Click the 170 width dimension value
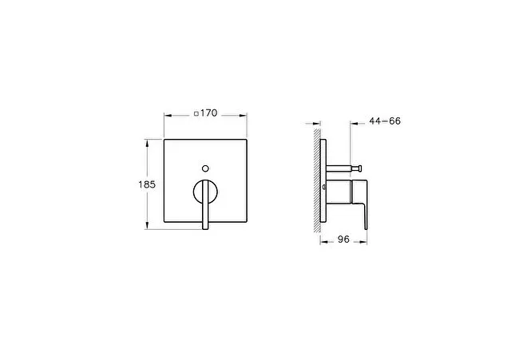[208, 113]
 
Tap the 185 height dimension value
[147, 184]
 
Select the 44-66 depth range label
[385, 121]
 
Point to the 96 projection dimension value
[343, 239]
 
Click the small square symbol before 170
[196, 113]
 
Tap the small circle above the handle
[205, 168]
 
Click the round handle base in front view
[206, 192]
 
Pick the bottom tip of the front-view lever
[205, 229]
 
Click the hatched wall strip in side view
[317, 180]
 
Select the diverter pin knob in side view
[359, 168]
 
